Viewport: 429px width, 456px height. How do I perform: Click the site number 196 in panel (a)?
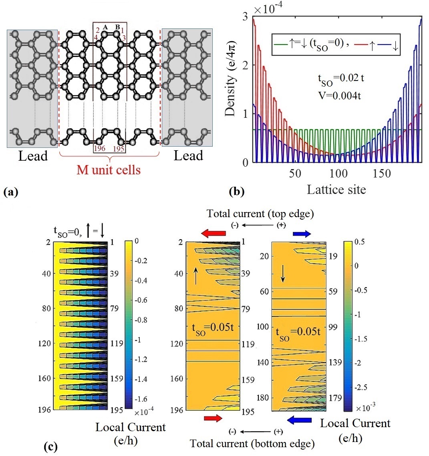(100, 149)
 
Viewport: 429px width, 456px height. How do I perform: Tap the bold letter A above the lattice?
(105, 27)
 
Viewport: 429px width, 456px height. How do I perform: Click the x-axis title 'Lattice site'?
(336, 190)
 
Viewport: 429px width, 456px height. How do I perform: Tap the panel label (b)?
(236, 192)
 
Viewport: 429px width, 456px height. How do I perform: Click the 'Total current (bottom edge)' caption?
(252, 443)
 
